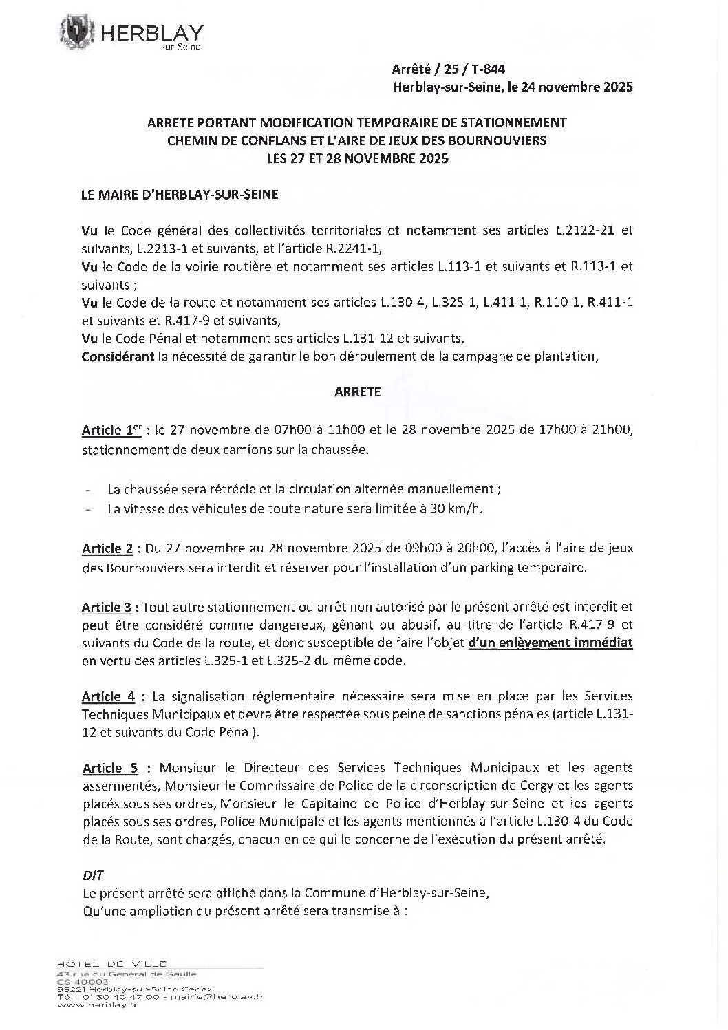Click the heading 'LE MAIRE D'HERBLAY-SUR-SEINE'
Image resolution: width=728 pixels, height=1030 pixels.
(180, 195)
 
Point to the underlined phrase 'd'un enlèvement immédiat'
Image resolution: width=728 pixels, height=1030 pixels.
(550, 643)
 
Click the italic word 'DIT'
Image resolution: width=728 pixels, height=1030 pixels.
(92, 876)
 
